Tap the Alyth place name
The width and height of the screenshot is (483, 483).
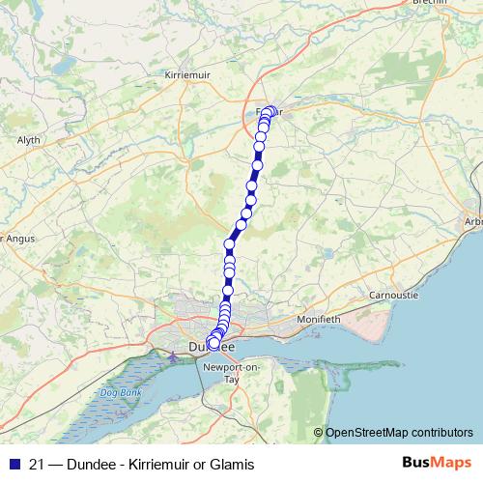[x=29, y=140]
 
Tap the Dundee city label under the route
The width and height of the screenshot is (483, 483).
[x=211, y=345]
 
